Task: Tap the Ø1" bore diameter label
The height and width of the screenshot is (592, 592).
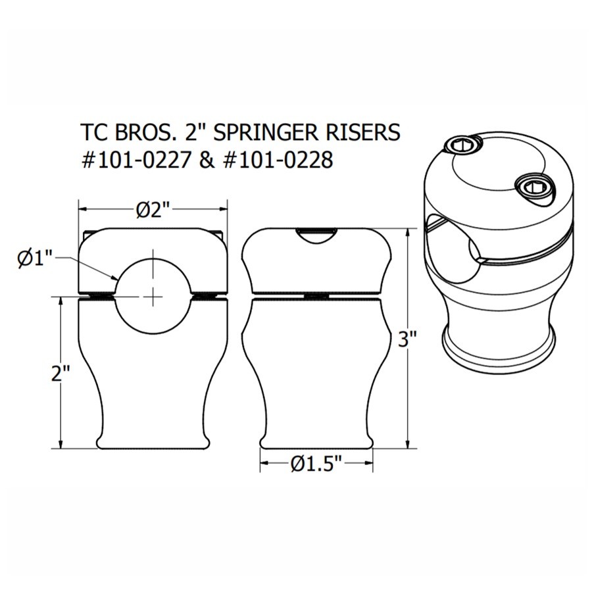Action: [x=34, y=259]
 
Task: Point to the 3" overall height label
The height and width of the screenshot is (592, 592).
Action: [x=409, y=339]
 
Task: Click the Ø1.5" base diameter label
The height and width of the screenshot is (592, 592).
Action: [x=317, y=464]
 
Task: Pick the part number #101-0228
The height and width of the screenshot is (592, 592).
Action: [x=277, y=160]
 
